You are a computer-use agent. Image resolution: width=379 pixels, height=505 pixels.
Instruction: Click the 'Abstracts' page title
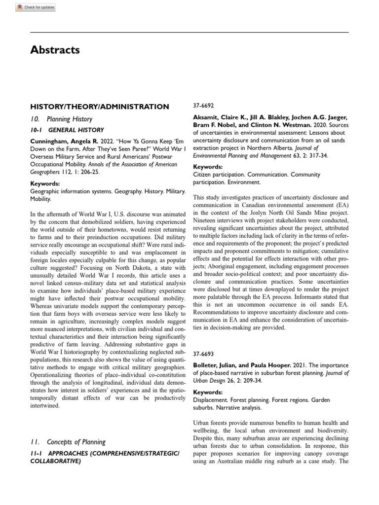tap(55, 50)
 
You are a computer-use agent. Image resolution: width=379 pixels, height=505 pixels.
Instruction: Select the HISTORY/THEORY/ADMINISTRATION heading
tap(100, 107)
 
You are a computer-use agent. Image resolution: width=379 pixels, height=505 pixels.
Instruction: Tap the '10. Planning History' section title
tap(61, 119)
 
